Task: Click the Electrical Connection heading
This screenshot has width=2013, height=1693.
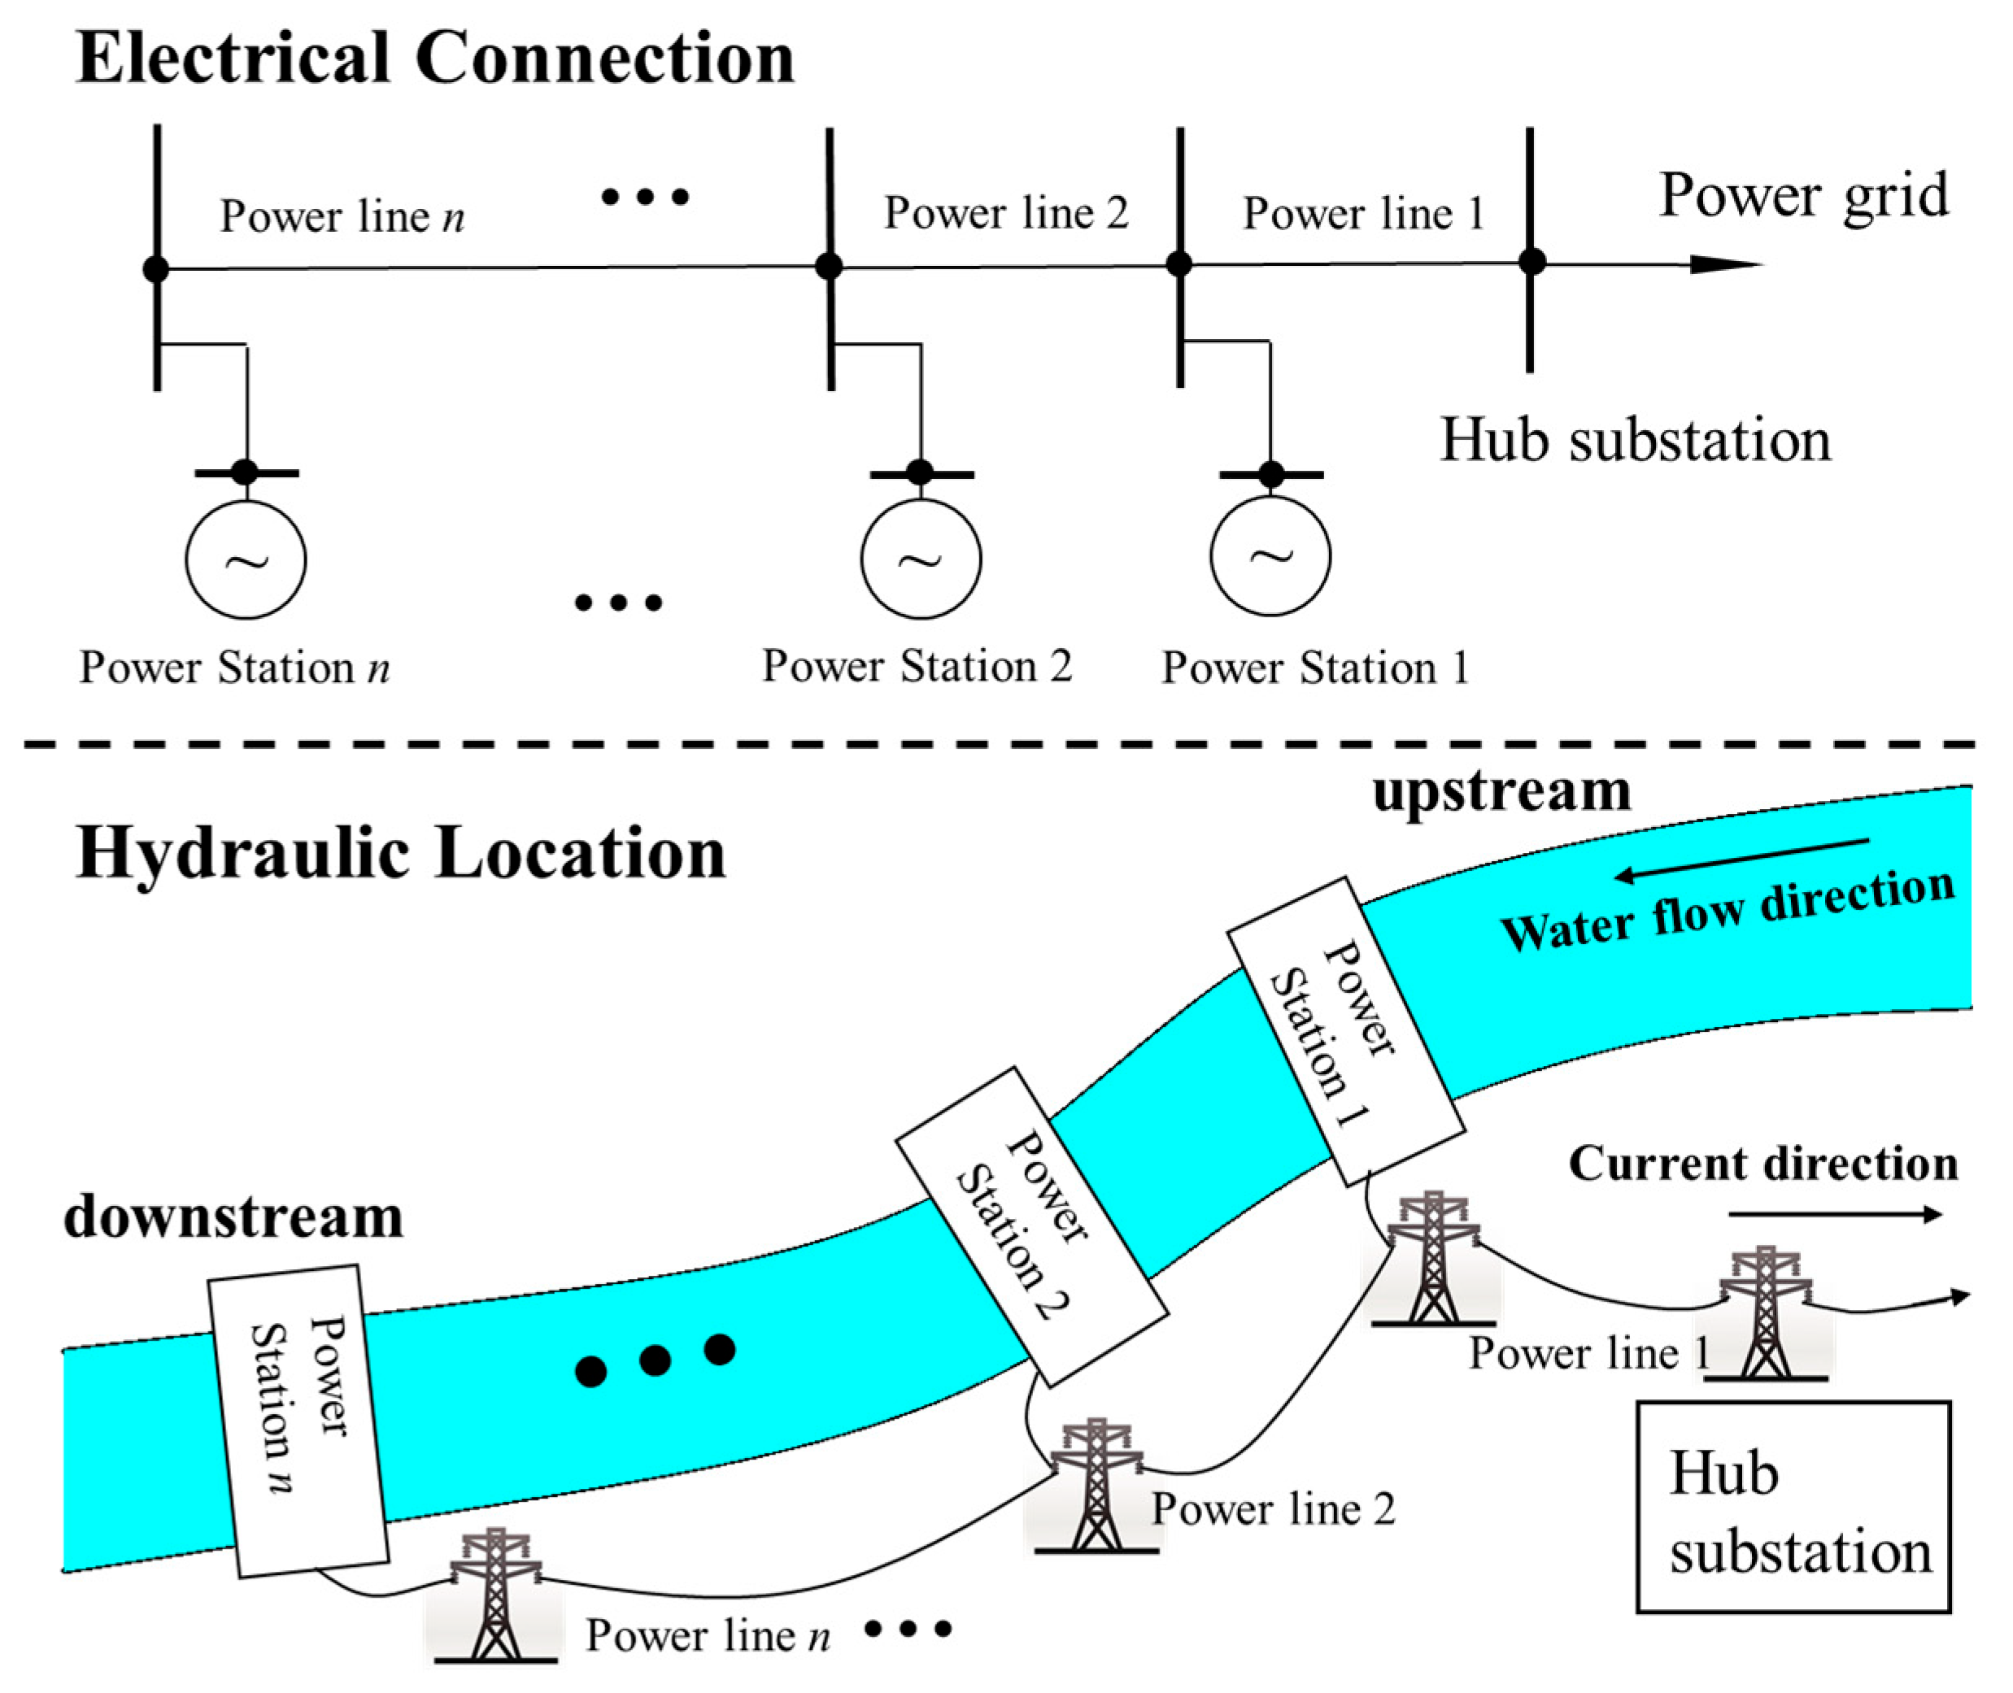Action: point(435,58)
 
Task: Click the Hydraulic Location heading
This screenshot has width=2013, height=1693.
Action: point(400,852)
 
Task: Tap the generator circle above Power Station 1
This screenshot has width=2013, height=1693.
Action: point(1270,555)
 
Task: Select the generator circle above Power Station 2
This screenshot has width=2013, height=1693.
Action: point(921,558)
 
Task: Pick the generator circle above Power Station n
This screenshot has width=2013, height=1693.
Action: point(246,559)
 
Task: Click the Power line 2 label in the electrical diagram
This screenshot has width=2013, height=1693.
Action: point(1005,212)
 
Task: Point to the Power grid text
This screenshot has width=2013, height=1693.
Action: point(1803,195)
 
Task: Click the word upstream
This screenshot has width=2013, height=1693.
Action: point(1501,792)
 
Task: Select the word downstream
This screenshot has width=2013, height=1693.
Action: point(233,1217)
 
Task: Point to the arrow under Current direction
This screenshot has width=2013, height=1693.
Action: point(1834,1215)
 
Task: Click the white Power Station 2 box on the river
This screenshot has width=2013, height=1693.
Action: point(1031,1225)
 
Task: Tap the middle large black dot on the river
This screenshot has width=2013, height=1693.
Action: point(655,1360)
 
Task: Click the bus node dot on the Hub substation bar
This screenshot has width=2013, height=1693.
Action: point(1532,261)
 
